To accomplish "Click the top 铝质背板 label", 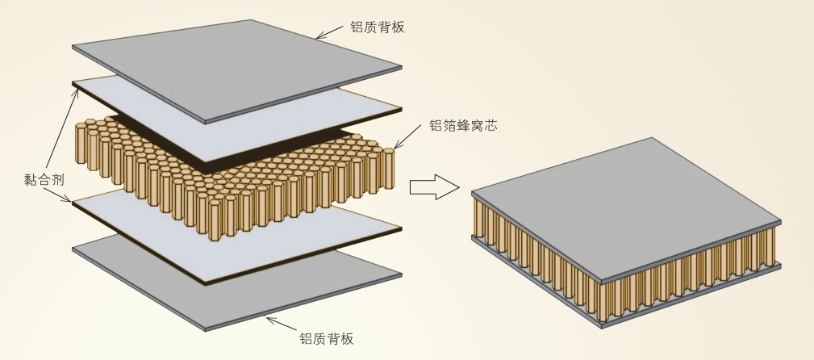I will coord(377,27).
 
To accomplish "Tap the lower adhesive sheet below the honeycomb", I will coord(234,234).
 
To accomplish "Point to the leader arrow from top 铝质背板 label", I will coord(330,32).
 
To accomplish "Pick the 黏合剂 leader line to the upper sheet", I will coord(61,129).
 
